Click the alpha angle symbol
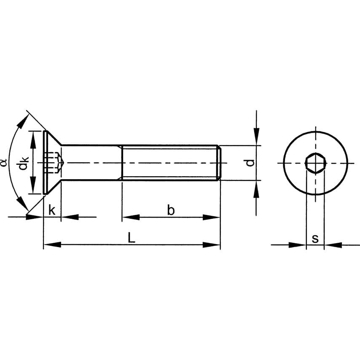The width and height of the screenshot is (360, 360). click(x=4, y=163)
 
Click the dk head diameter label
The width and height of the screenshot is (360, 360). click(x=24, y=163)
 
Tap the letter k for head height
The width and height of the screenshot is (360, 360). click(x=52, y=210)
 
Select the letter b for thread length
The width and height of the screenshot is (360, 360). click(x=171, y=210)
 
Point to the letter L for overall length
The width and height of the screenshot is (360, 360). click(x=131, y=237)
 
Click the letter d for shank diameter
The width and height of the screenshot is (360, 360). click(x=250, y=163)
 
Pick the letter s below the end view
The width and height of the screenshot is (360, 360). click(x=315, y=239)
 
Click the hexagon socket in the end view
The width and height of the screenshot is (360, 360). click(x=316, y=163)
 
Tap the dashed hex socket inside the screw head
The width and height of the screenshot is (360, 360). click(x=54, y=163)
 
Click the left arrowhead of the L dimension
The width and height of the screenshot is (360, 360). click(x=52, y=244)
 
